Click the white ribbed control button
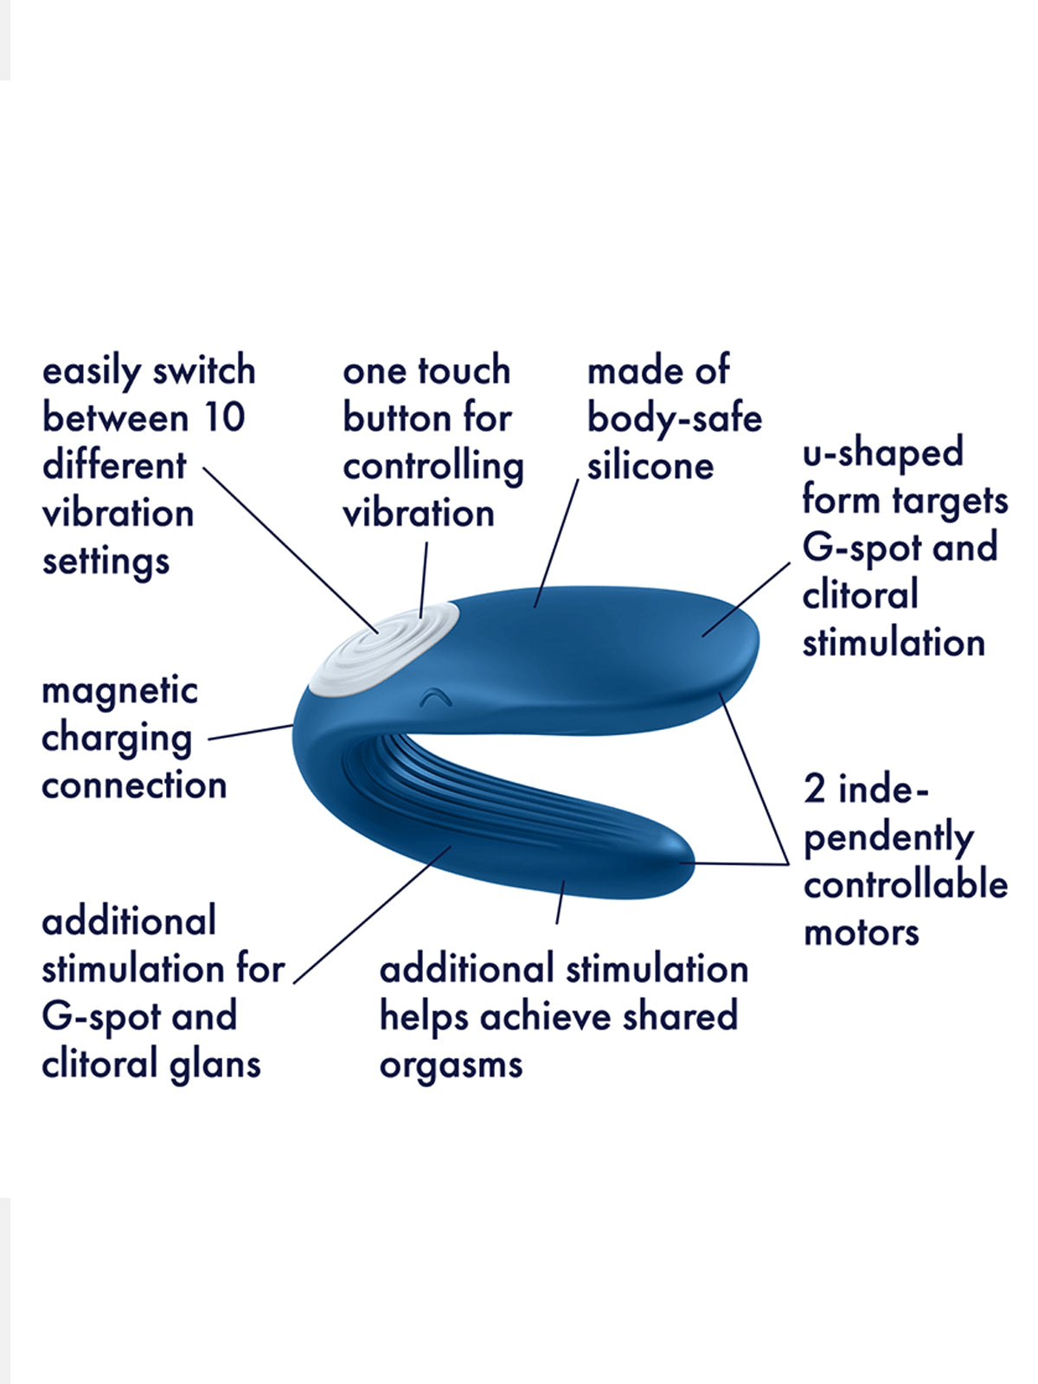pos(384,650)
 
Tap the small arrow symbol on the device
pos(436,696)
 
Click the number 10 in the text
pos(224,418)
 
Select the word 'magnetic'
pos(119,692)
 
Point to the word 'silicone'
pos(650,466)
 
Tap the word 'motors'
pos(862,932)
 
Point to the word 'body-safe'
pos(675,420)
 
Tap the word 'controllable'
pos(906,884)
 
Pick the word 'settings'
pos(106,562)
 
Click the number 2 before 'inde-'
pos(814,789)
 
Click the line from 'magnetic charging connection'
pos(251,732)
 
